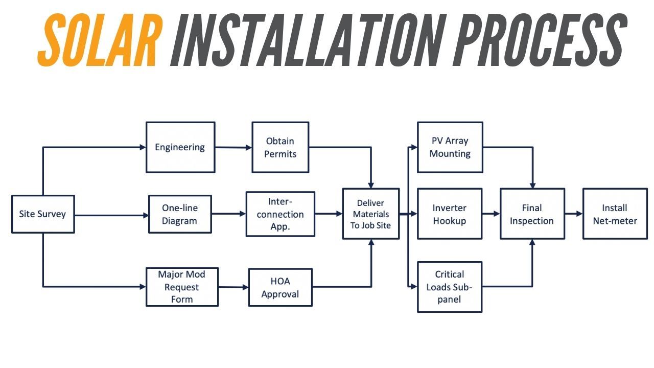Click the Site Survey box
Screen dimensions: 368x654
coord(43,214)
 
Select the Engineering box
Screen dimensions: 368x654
coord(180,147)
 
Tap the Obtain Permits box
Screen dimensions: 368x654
coord(280,147)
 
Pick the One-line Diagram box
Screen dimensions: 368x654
coord(180,215)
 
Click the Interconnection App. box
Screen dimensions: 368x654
coord(280,214)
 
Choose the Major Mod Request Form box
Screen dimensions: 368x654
coord(182,287)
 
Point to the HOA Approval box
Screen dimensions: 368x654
coord(280,287)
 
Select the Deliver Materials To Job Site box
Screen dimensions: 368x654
coord(370,214)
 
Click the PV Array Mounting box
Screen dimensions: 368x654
coord(450,147)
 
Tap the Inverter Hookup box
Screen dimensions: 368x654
coord(450,214)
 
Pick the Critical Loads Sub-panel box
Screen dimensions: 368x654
coord(450,287)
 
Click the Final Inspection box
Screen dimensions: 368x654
coord(532,214)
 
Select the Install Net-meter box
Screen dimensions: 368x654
coord(615,214)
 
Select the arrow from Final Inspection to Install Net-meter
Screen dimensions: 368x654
coord(574,214)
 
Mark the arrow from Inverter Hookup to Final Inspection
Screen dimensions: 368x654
coord(491,214)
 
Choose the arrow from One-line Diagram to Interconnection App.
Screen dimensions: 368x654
coord(228,214)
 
